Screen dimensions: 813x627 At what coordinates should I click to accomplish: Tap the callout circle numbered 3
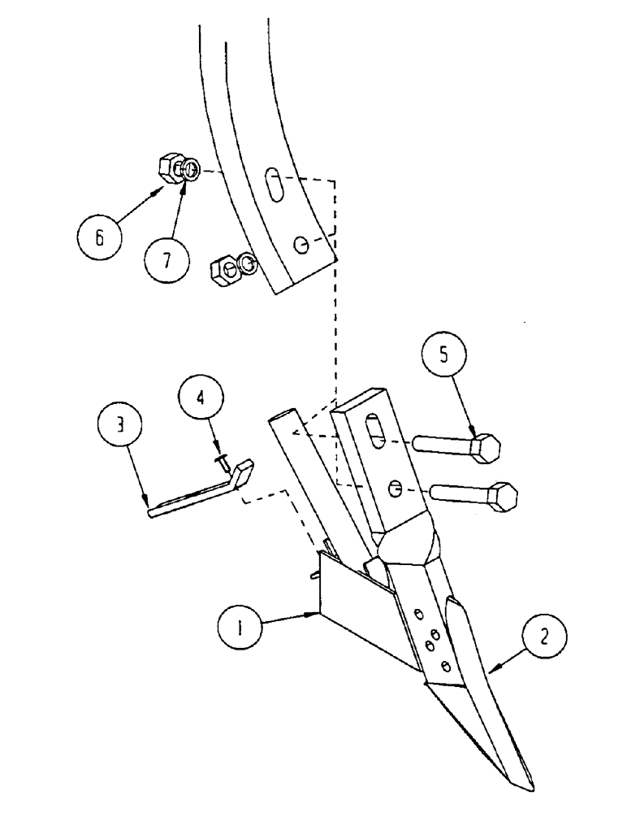[119, 426]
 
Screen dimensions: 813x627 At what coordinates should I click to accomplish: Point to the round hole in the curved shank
[300, 243]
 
